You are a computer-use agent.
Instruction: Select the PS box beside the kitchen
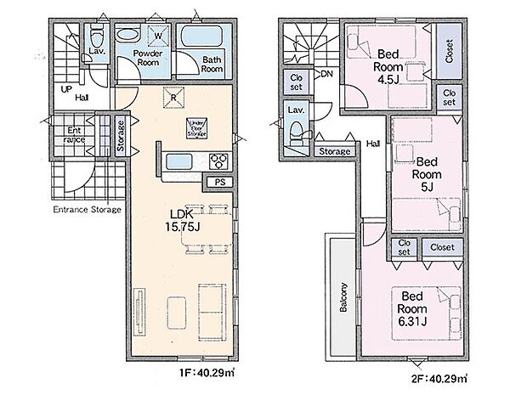click(219, 181)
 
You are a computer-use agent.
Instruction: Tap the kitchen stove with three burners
click(217, 161)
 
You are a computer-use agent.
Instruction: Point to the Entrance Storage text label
click(87, 209)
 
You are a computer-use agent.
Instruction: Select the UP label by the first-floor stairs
click(65, 87)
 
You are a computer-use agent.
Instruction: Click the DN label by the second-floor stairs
click(327, 75)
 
